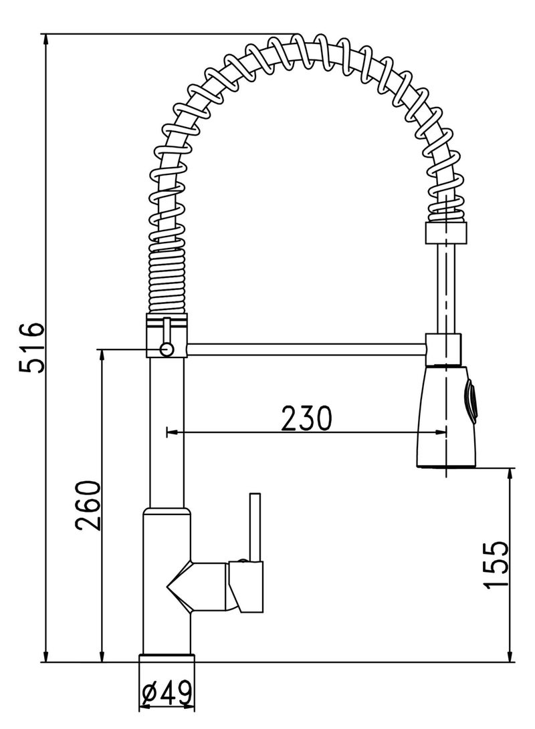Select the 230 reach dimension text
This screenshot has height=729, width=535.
pos(306,419)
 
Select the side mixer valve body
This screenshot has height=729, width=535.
pos(247,585)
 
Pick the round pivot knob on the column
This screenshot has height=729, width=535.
pos(167,348)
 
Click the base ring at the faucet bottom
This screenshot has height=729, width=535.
pos(167,658)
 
